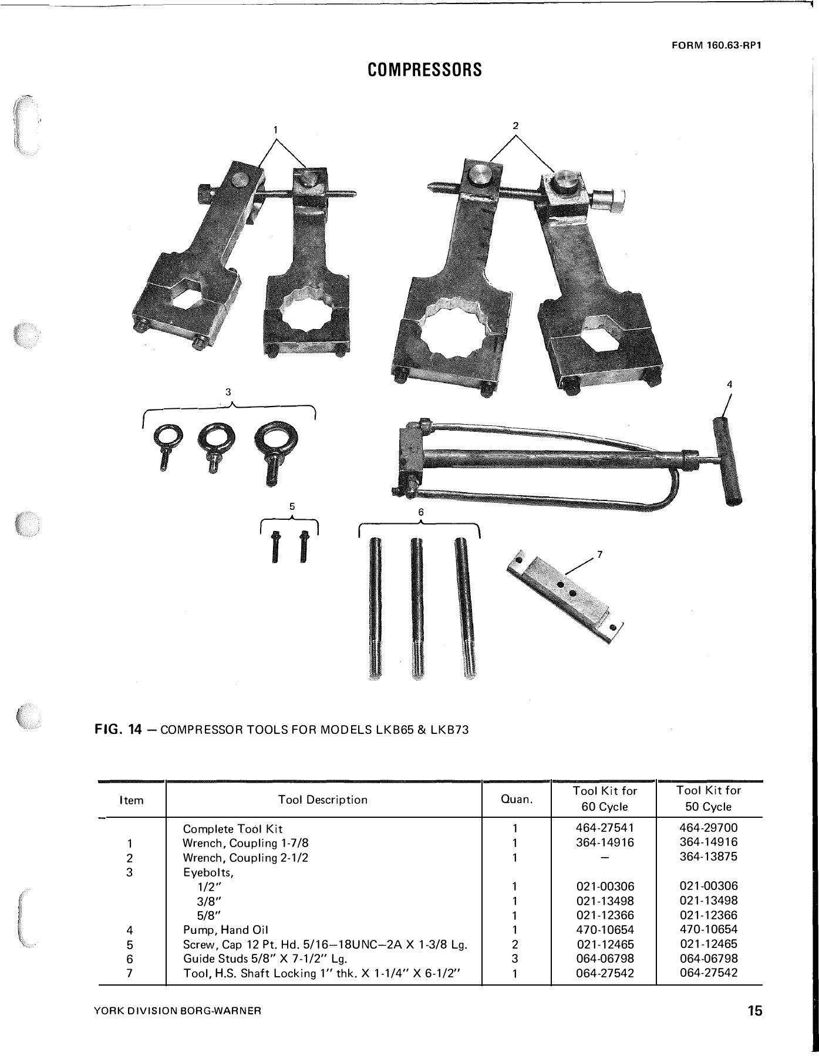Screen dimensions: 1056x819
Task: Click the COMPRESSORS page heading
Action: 424,70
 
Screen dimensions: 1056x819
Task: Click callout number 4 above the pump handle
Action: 730,385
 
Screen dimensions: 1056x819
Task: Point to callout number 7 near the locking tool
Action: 600,554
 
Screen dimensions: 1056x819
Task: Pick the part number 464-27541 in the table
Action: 605,829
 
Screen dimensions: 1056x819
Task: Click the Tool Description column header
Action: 323,800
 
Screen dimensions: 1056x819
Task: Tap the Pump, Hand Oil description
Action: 225,930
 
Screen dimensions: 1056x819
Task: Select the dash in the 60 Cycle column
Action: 605,858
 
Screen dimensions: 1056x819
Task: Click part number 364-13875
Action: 709,857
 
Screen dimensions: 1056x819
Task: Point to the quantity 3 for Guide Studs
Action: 514,959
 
